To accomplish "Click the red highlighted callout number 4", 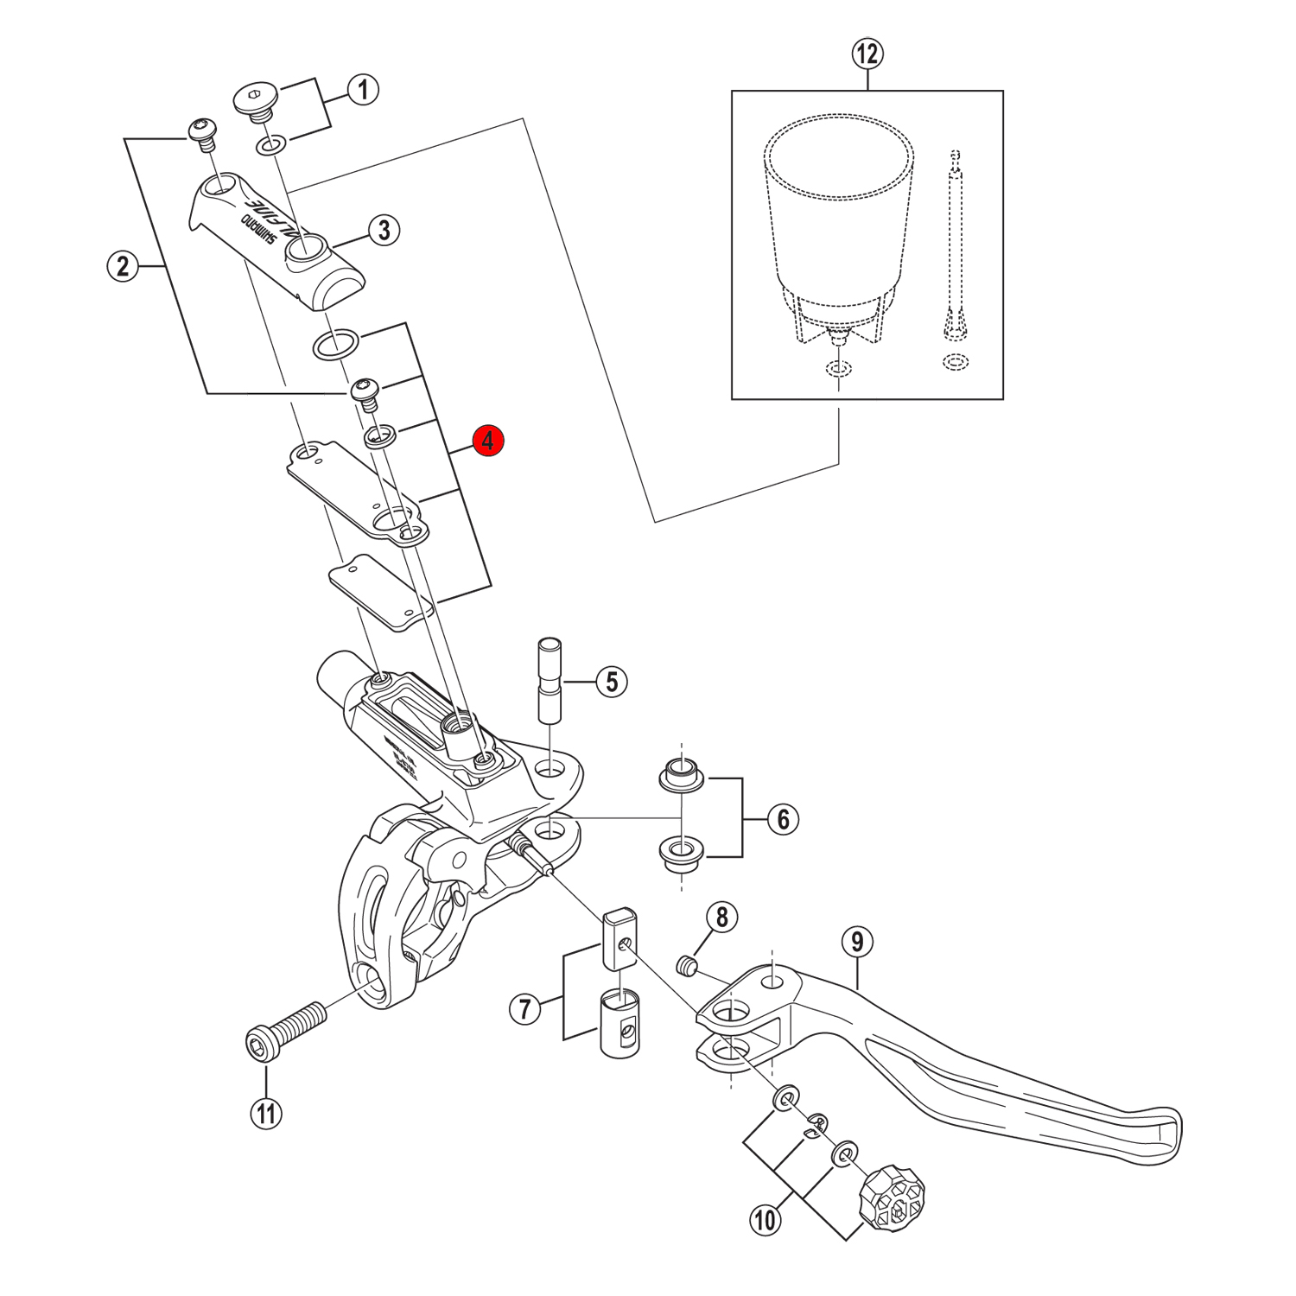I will coord(488,441).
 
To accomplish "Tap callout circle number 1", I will coord(363,89).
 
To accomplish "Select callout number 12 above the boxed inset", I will coord(867,54).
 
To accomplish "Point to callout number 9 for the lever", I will coord(857,941).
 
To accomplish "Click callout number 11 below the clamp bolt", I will coord(266,1113).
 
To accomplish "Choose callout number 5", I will coord(612,682).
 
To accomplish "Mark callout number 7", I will coord(524,1008).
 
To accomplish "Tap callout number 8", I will coord(722,917).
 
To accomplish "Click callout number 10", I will coord(765,1220).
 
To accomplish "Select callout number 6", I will coord(783,819).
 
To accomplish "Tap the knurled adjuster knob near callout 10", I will coord(892,1198).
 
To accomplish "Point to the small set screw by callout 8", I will coord(686,964).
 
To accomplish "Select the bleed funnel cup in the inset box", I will coord(838,225).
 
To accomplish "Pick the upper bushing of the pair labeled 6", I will coord(683,774).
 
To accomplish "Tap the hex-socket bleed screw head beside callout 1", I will coord(255,98).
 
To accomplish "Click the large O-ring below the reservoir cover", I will coord(335,343).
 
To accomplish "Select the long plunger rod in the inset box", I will coord(956,251).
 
